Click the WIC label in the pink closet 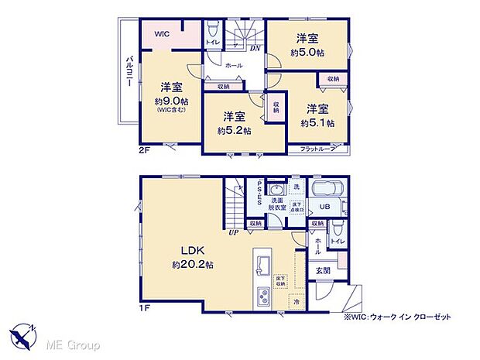162,34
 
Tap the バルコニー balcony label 131,77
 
